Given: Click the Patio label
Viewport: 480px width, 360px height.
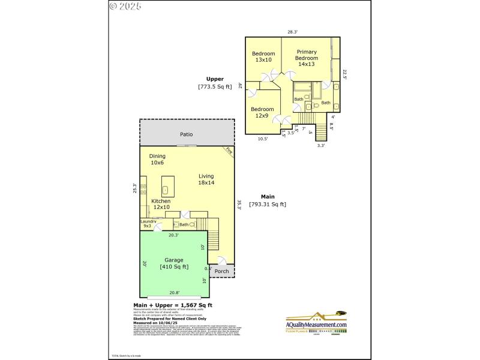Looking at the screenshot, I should [187, 135].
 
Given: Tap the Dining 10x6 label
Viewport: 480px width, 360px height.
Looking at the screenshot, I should [158, 159].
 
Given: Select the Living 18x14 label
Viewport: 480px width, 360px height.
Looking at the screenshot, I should [206, 179].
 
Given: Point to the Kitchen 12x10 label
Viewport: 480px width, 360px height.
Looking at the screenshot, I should [161, 204].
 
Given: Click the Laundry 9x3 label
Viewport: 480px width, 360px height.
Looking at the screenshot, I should [148, 224].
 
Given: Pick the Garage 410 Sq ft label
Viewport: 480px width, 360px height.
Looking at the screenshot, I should [174, 263].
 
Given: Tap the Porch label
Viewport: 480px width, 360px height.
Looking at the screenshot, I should [221, 271].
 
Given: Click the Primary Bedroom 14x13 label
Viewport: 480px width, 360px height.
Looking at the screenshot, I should [306, 58].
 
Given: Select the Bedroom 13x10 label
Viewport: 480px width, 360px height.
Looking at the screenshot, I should [263, 56].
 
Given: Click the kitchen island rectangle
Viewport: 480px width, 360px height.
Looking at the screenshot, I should [167, 183].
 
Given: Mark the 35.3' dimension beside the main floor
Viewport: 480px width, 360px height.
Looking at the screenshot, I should [239, 205].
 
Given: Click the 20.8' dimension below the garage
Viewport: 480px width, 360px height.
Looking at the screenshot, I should [174, 293].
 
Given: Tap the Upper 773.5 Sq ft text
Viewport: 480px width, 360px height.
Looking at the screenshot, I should [215, 83].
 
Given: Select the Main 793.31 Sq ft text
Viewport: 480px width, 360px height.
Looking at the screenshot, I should [268, 200].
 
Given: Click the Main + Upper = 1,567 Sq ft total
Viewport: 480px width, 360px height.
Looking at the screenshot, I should [172, 305].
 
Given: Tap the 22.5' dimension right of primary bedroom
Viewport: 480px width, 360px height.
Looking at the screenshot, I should [345, 74].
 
